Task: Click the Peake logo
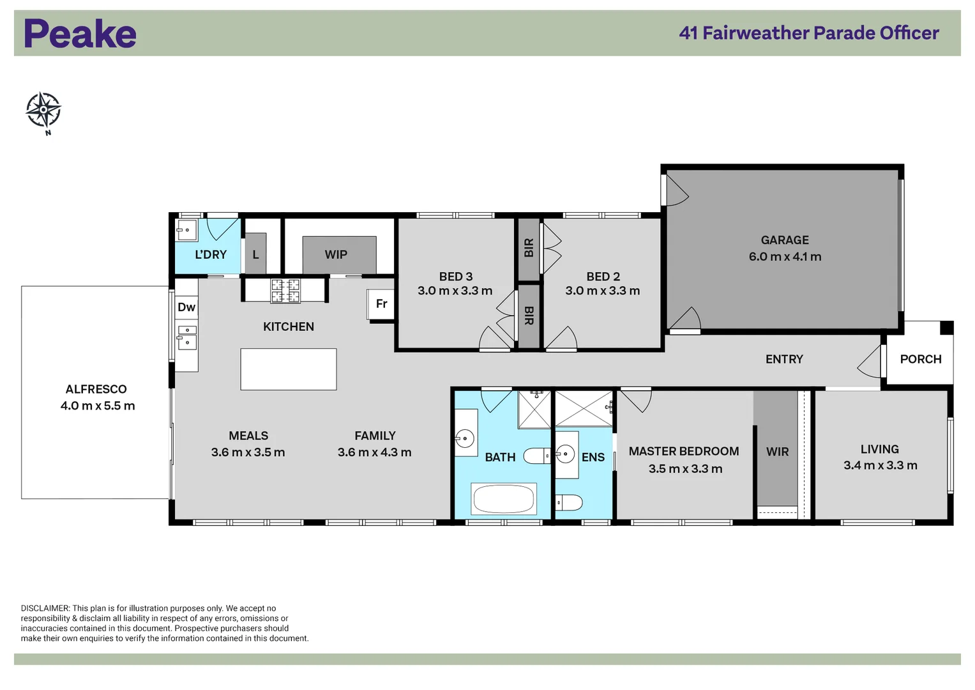click(80, 34)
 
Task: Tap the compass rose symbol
click(43, 110)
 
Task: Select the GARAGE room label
click(785, 240)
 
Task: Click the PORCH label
click(920, 359)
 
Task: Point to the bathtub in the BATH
click(504, 498)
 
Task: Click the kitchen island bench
click(289, 369)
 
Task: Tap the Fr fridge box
click(381, 304)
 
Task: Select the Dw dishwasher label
click(186, 307)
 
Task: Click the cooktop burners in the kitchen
click(285, 291)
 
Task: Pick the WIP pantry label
click(336, 255)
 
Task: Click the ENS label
click(593, 457)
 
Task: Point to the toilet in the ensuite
click(569, 503)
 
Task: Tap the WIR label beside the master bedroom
click(777, 452)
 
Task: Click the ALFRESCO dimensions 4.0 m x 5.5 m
click(98, 406)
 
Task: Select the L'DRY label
click(211, 255)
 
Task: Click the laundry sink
click(186, 230)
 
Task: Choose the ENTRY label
click(784, 359)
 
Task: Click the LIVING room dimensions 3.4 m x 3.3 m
click(880, 465)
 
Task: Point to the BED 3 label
click(455, 277)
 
